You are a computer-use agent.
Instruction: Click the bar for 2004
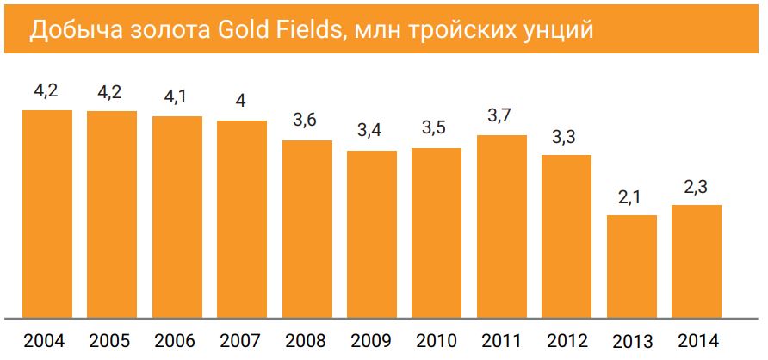46,212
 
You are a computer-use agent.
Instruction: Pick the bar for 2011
501,226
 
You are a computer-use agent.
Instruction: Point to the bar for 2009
372,233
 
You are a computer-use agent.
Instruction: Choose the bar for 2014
696,260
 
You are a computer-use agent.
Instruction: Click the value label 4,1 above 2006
176,96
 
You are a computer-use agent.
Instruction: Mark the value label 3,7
500,115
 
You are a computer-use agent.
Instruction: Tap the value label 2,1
630,196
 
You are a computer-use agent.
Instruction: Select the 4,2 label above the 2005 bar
111,91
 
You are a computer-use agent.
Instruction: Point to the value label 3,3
566,136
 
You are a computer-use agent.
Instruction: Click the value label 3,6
306,121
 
